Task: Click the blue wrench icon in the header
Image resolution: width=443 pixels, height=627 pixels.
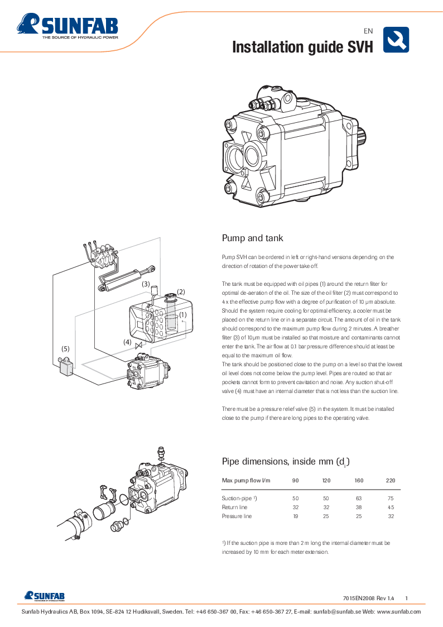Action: pyautogui.click(x=396, y=40)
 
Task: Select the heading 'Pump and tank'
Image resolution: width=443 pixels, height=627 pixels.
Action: pyautogui.click(x=252, y=238)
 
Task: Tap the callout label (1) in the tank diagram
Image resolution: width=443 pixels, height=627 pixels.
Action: pyautogui.click(x=182, y=314)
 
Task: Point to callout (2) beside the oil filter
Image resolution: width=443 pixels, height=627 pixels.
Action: pyautogui.click(x=181, y=292)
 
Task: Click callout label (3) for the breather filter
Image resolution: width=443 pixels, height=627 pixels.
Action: pyautogui.click(x=146, y=284)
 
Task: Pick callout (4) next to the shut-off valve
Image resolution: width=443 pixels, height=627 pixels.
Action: pyautogui.click(x=128, y=342)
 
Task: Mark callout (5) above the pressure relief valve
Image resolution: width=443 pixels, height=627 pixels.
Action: pyautogui.click(x=65, y=348)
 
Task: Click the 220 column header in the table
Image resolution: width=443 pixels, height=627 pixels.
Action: pyautogui.click(x=391, y=480)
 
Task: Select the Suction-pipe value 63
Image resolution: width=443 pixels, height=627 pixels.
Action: pyautogui.click(x=359, y=497)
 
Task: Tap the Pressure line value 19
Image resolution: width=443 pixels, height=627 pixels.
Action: pyautogui.click(x=295, y=516)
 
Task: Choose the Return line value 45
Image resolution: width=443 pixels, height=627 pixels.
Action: pyautogui.click(x=391, y=507)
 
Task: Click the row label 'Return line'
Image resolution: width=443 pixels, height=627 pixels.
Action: pyautogui.click(x=234, y=507)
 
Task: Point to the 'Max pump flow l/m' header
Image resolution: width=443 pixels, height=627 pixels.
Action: pyautogui.click(x=246, y=480)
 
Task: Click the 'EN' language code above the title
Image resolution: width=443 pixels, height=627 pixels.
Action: pyautogui.click(x=368, y=31)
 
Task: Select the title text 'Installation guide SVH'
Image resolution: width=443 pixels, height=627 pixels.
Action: pyautogui.click(x=302, y=47)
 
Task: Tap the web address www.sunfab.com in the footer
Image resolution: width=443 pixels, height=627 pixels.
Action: pyautogui.click(x=399, y=612)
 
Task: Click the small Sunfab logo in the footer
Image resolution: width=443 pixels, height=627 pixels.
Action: pyautogui.click(x=44, y=596)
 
